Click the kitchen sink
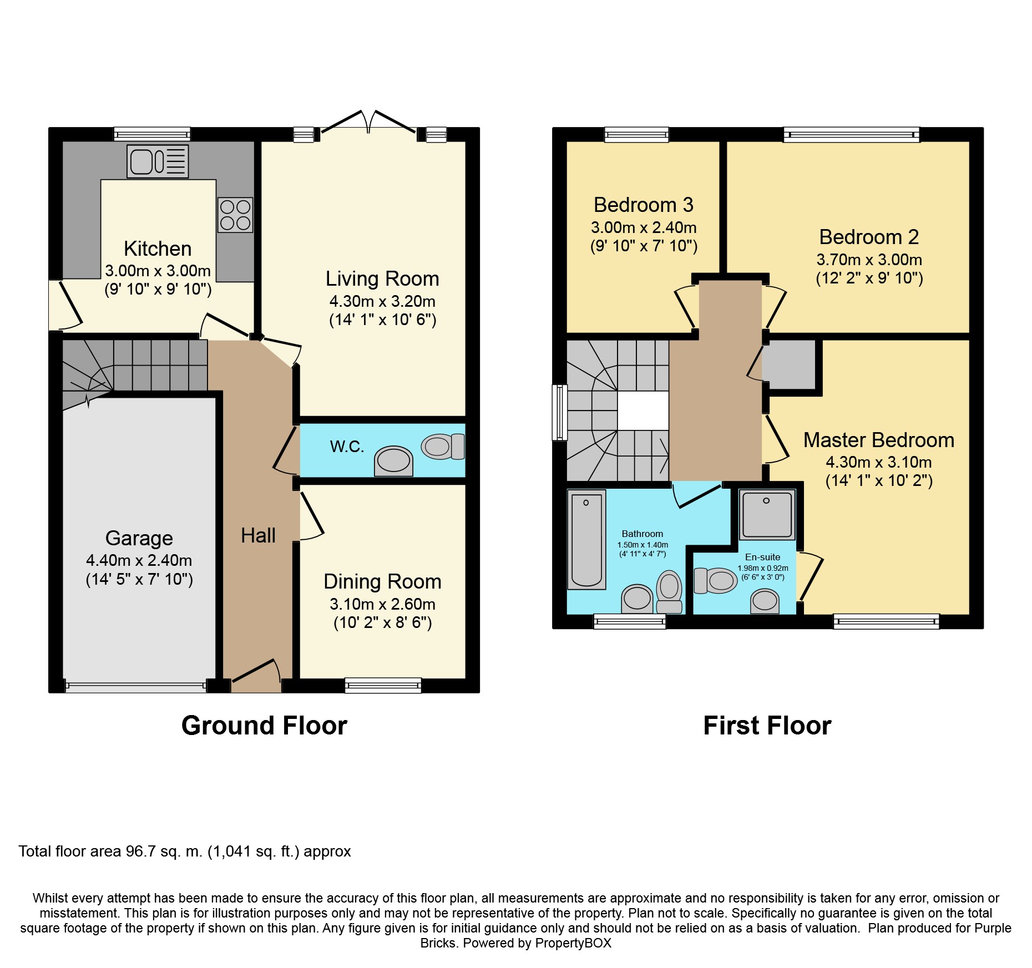coord(158,161)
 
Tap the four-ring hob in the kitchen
coord(235,215)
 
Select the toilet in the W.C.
coord(443,447)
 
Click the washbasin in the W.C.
coord(393,461)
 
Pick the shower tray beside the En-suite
coord(767,514)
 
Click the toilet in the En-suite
coord(715,580)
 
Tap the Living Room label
coord(382,278)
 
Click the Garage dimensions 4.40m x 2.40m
coord(139,560)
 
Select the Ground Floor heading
coord(264,726)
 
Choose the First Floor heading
coord(767,726)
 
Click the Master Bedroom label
coord(879,440)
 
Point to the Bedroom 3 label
coord(644,205)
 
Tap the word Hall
coord(258,535)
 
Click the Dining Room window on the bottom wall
coord(383,686)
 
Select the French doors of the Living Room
coord(368,123)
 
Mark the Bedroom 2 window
coord(851,134)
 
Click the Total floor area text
coord(185,852)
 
